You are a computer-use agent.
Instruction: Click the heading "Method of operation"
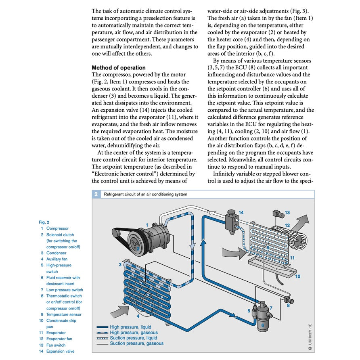(x=119, y=68)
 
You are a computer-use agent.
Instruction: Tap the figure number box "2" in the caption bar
(x=96, y=194)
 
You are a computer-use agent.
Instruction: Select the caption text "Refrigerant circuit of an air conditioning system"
(x=146, y=194)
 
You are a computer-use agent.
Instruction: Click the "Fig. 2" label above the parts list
(x=44, y=222)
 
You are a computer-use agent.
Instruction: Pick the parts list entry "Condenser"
(x=56, y=253)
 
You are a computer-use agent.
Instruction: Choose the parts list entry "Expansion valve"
(x=60, y=351)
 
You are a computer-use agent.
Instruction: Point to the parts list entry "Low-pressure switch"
(x=65, y=290)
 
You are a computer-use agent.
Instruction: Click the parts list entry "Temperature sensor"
(x=64, y=314)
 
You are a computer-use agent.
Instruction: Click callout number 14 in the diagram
(x=241, y=212)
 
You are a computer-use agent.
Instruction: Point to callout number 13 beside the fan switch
(x=287, y=212)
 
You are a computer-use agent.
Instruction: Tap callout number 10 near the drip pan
(x=298, y=276)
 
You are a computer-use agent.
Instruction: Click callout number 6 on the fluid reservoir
(x=262, y=324)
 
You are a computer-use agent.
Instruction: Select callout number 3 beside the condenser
(x=120, y=265)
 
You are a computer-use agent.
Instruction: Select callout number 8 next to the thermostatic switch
(x=288, y=306)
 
